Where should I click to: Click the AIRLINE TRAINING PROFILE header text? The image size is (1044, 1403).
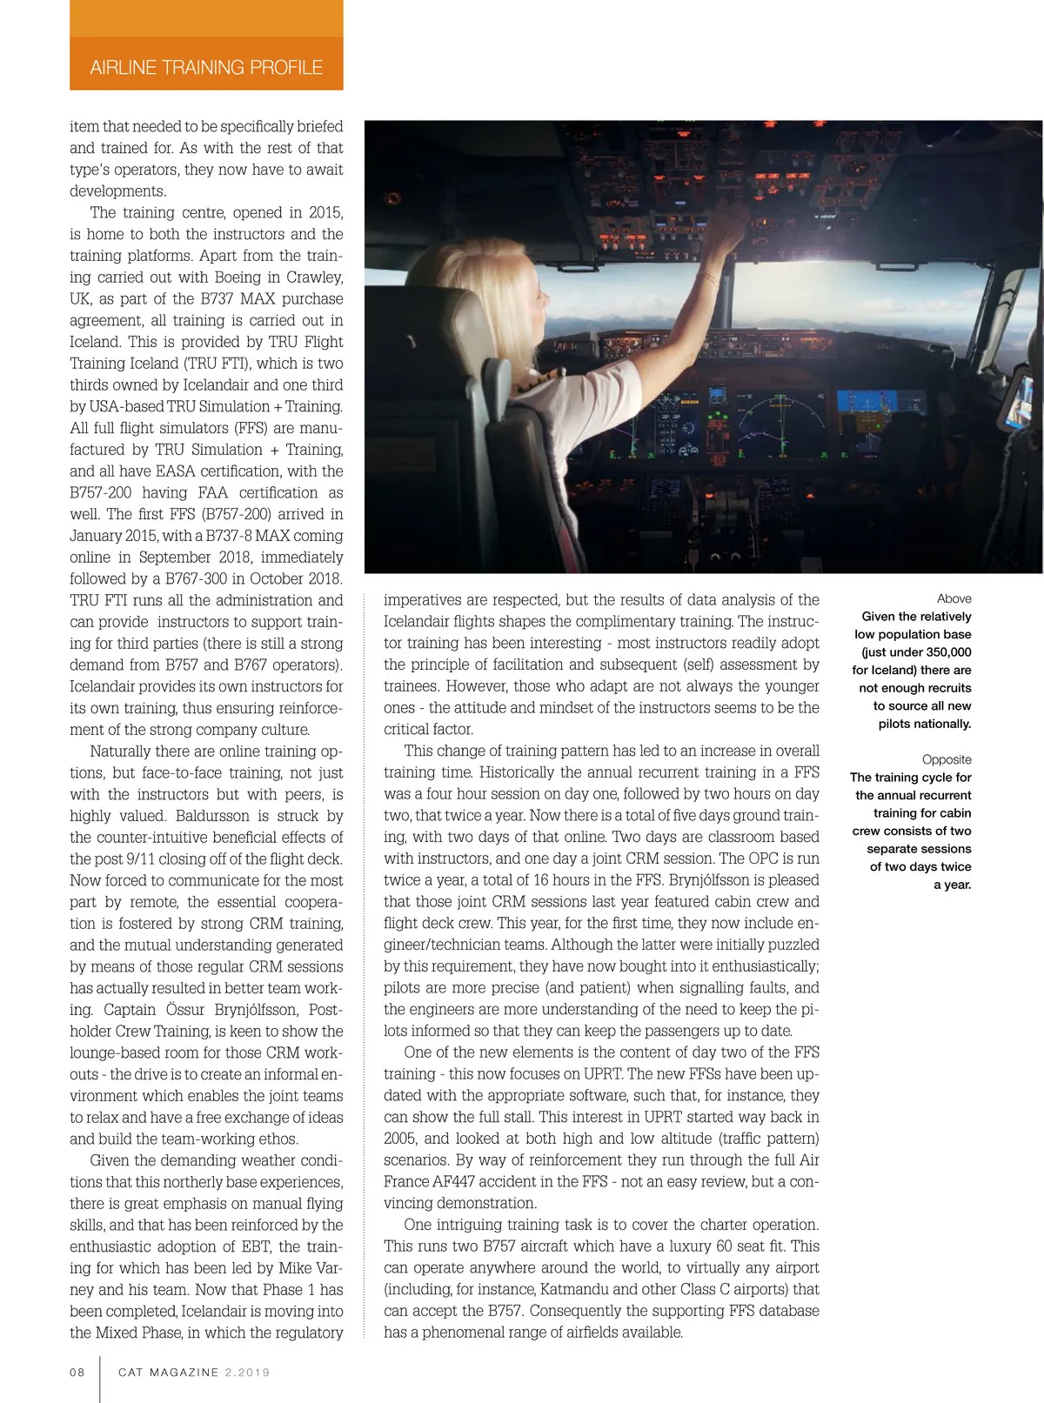[x=206, y=68]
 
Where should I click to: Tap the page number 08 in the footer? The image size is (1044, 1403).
[x=77, y=1372]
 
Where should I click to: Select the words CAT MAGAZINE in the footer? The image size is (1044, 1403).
[x=169, y=1372]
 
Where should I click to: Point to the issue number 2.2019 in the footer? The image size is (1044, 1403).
[x=247, y=1372]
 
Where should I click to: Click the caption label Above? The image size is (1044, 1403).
[x=954, y=598]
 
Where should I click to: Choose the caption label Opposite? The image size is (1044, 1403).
[x=947, y=759]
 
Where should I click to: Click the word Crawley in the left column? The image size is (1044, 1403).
[x=314, y=277]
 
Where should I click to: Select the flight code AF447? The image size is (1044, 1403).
[x=457, y=1181]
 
